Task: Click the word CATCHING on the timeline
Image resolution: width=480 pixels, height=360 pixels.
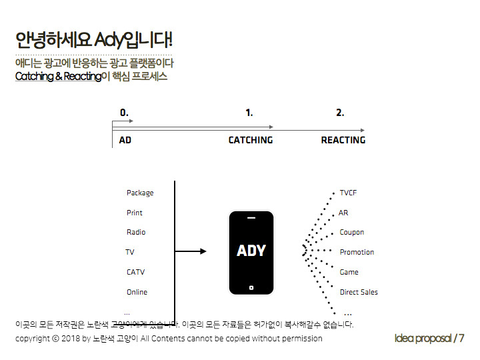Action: click(251, 140)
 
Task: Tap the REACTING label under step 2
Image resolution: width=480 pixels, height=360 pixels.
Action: click(343, 140)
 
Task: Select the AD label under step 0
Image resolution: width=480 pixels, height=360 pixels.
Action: click(125, 140)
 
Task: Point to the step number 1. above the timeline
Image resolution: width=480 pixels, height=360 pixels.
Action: click(249, 113)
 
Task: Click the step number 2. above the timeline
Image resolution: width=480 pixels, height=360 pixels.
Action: click(340, 113)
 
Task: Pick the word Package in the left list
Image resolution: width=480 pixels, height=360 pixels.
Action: click(140, 193)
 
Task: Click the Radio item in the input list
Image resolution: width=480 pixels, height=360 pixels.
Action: click(136, 232)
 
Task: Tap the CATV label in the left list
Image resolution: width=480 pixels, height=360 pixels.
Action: click(135, 272)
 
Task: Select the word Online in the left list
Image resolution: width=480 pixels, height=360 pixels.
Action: click(137, 292)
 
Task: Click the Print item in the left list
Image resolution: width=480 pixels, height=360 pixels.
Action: click(135, 213)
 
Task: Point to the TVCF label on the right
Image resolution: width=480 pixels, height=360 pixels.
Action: click(349, 193)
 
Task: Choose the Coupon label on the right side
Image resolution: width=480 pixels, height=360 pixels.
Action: click(352, 232)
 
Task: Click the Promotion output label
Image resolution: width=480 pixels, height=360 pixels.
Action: click(357, 252)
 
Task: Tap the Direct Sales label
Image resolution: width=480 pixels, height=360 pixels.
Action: click(359, 292)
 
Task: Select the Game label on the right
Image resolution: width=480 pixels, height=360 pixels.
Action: click(349, 272)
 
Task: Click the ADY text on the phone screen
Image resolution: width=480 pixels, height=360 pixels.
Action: click(251, 251)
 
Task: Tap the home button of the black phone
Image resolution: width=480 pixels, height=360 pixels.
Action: click(251, 288)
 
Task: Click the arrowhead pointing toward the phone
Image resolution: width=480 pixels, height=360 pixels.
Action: click(203, 251)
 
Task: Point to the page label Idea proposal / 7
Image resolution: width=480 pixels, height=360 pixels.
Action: click(429, 338)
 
